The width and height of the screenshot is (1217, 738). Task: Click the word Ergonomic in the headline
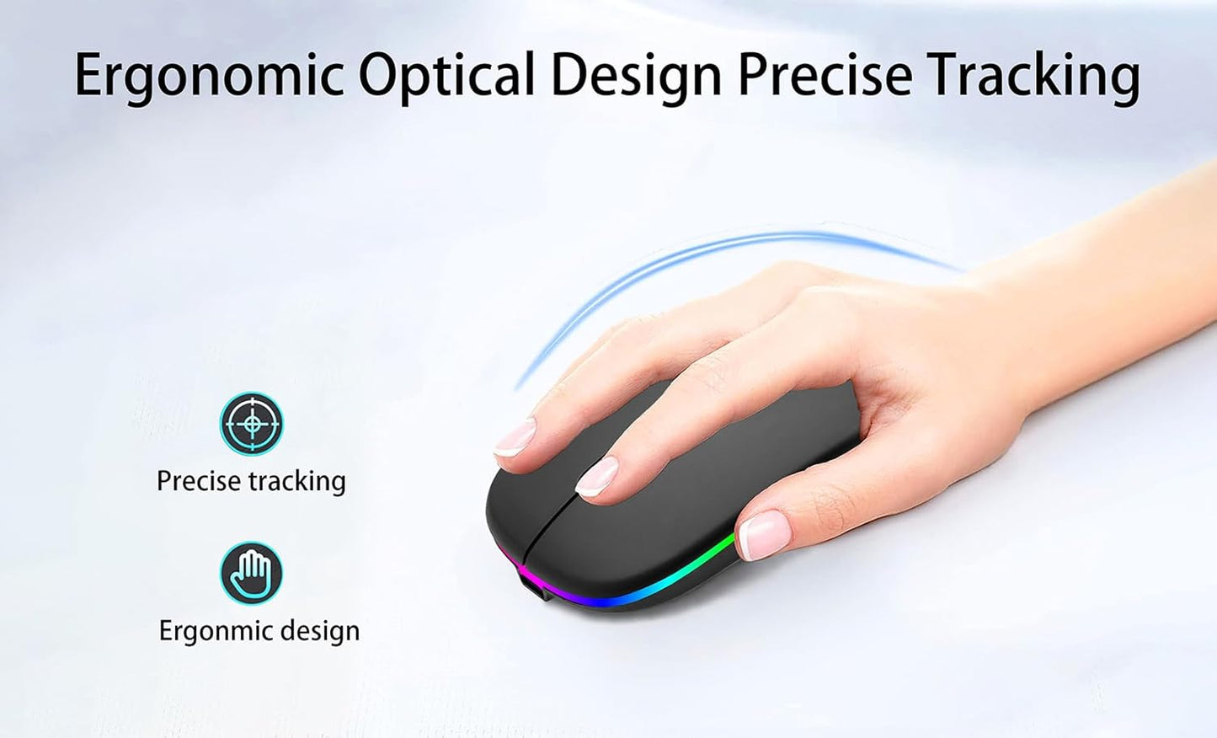(209, 76)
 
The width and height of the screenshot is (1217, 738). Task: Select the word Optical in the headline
(447, 76)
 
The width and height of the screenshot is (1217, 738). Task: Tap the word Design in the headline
(636, 76)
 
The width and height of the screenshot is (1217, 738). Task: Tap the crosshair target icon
(251, 423)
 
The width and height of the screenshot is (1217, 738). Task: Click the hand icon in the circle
(251, 573)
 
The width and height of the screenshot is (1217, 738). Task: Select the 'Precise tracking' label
(251, 481)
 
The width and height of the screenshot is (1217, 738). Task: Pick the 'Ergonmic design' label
(259, 631)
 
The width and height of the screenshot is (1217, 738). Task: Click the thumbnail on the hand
(763, 534)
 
